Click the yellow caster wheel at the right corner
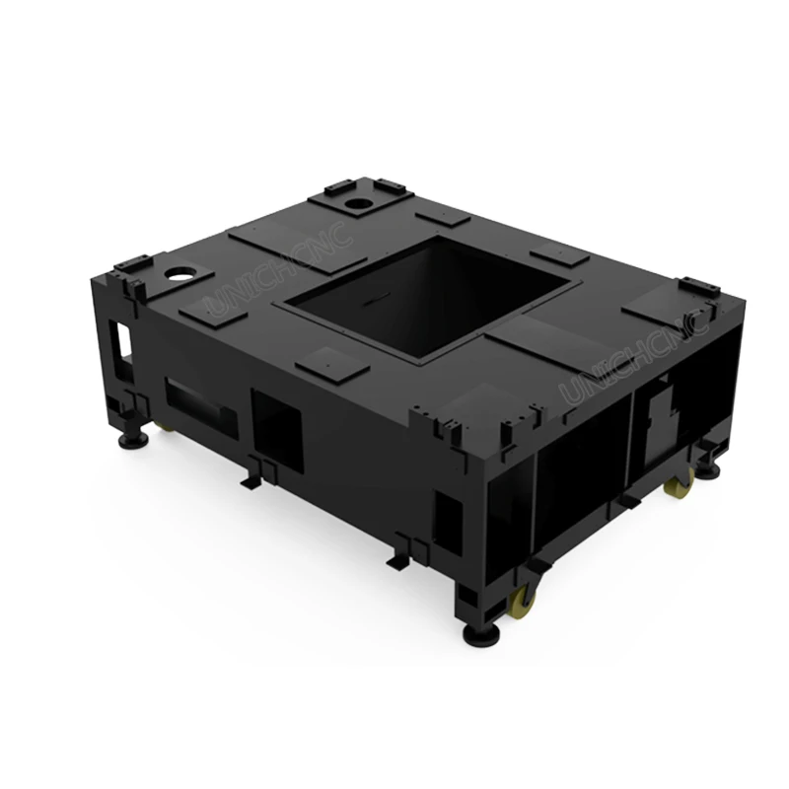pos(679,485)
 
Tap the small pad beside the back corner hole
pos(442,218)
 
